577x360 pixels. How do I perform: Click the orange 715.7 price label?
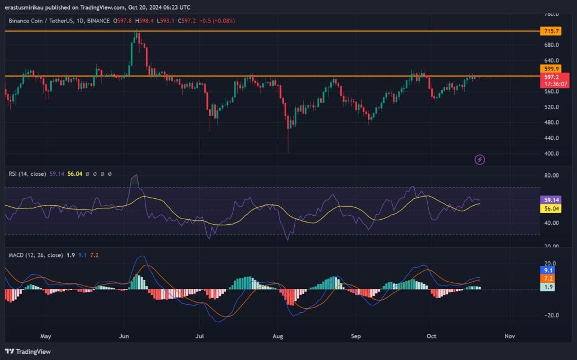549,31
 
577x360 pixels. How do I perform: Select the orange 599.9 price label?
549,68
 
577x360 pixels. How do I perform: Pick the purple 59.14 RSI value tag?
549,199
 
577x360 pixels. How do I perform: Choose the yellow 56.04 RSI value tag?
549,208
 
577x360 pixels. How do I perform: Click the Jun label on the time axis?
125,336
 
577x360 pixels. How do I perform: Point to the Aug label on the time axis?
278,336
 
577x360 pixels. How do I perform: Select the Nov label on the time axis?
509,336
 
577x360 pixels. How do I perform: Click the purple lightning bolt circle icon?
480,160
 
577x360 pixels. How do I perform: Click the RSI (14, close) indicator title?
29,174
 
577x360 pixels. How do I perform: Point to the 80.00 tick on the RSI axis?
552,175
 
